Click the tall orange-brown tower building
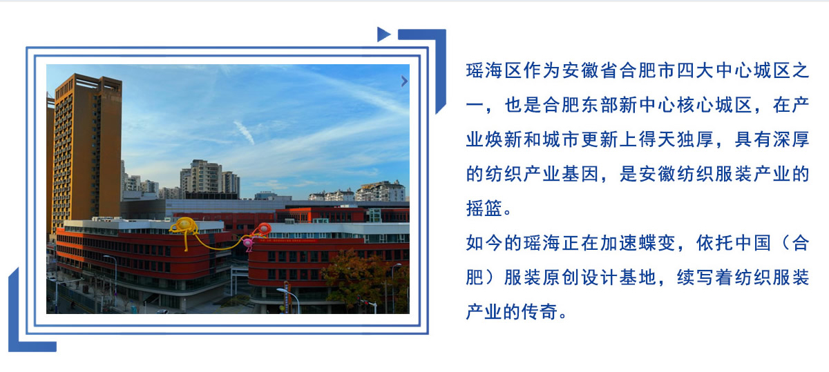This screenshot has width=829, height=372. pyautogui.click(x=87, y=152)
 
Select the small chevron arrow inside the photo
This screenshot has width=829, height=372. pyautogui.click(x=405, y=81)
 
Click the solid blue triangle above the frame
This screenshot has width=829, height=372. pyautogui.click(x=383, y=35)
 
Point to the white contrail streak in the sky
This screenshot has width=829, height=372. pyautogui.click(x=244, y=132)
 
